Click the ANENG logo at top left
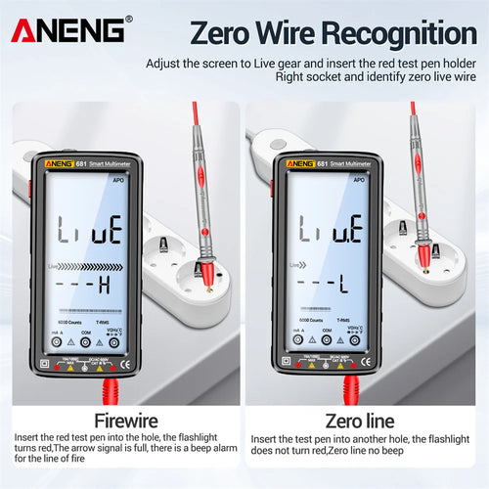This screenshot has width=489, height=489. point(68,29)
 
